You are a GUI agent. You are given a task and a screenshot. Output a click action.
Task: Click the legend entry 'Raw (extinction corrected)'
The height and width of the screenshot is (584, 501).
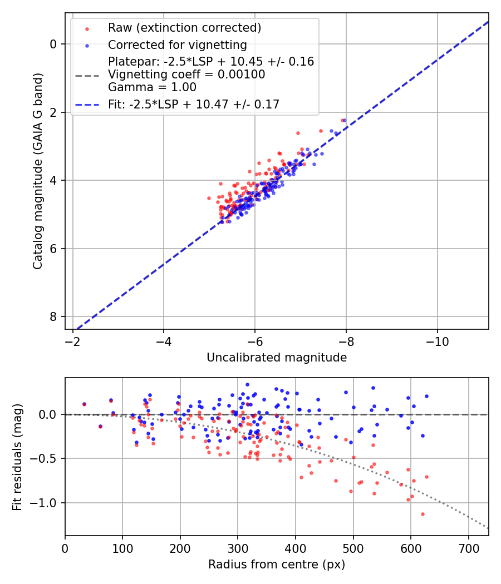pos(184,28)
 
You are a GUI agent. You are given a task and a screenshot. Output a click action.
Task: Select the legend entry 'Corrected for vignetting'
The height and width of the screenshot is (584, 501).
pos(177,44)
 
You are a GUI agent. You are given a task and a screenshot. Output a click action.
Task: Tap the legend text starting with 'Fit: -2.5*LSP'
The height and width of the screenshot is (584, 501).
pos(194,103)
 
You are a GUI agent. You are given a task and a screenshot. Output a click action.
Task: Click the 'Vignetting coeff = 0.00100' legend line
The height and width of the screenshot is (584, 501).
pos(186,74)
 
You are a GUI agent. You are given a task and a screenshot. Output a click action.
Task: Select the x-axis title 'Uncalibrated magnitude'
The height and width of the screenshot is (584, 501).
pos(277,358)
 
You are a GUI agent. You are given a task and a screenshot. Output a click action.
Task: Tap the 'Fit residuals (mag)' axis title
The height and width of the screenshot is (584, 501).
pos(17,457)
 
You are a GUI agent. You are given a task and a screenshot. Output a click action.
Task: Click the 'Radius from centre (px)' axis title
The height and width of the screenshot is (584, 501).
pos(277,565)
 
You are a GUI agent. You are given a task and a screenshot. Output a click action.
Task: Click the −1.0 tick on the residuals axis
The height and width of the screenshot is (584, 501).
pos(47,503)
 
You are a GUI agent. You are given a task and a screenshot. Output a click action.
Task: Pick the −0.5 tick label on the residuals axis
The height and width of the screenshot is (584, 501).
pos(47,458)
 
